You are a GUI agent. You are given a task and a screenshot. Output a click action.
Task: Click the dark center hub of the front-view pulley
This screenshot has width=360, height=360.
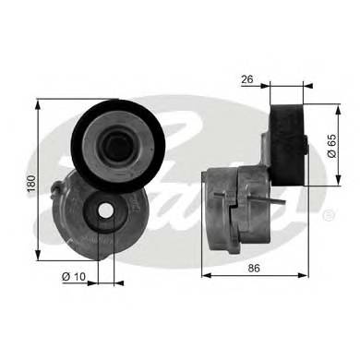point(118,147)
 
